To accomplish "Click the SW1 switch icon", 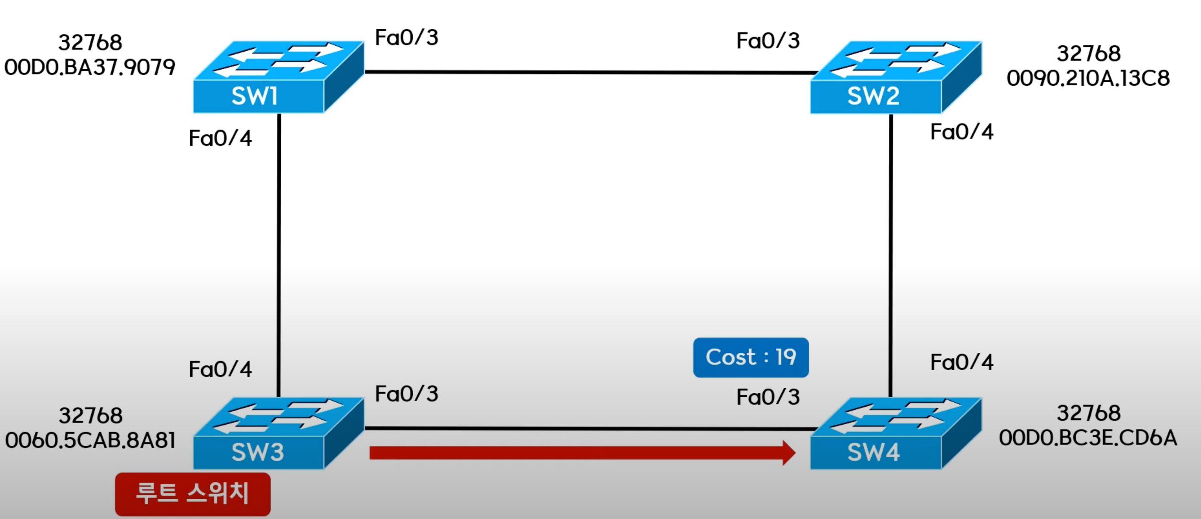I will [278, 77].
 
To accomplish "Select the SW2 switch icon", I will [895, 77].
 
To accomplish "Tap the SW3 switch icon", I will [278, 433].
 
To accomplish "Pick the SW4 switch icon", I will [895, 433].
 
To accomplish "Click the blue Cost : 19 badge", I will [750, 357].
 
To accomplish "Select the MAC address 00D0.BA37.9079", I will [90, 67].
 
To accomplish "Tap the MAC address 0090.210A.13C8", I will [1088, 78].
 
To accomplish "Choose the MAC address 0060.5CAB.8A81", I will [90, 440].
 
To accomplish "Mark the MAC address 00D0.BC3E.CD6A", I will [1088, 438].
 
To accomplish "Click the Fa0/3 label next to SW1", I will [407, 38].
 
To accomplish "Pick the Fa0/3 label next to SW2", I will [768, 41].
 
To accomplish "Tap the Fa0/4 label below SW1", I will [220, 139].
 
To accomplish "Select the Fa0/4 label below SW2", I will [961, 132].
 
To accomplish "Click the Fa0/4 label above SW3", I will [220, 369].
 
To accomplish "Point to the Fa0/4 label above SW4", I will [961, 362].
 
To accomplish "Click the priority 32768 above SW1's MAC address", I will [90, 43].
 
